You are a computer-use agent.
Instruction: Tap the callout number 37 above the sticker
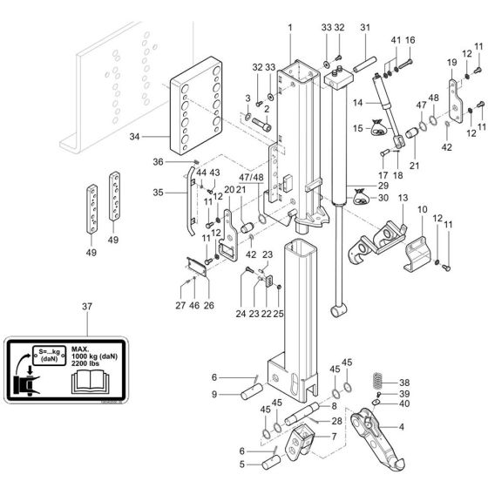tap(86, 307)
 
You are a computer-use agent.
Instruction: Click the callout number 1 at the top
tap(289, 29)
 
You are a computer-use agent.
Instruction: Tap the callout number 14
tap(357, 103)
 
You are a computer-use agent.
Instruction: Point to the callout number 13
tap(403, 200)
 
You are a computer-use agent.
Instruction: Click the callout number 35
tap(158, 193)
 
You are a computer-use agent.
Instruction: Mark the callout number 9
tap(213, 394)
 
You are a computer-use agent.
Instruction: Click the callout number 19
tap(451, 64)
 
